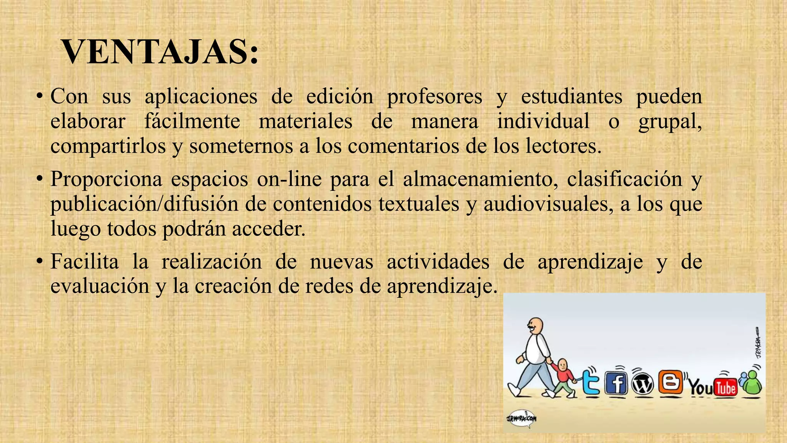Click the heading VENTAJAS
[x=160, y=53]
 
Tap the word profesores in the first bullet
[x=434, y=96]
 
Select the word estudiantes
[x=571, y=96]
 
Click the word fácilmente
[x=192, y=121]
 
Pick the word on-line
[x=289, y=179]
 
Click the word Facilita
[x=85, y=262]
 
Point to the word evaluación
[x=100, y=286]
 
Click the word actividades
[x=438, y=262]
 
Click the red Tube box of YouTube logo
[x=725, y=387]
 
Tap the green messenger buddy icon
[x=751, y=383]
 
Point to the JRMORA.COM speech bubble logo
[x=521, y=418]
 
